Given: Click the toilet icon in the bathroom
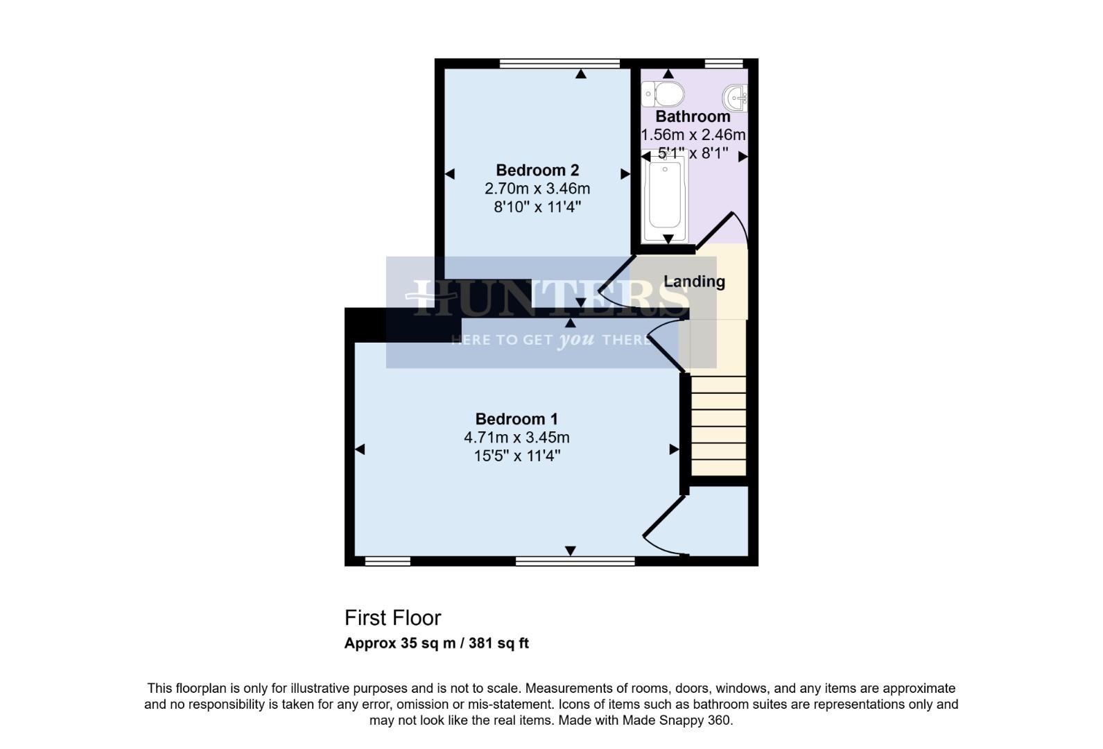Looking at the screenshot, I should [x=663, y=93].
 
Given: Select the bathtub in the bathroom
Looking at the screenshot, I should [x=665, y=198].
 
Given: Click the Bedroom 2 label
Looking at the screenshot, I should [x=537, y=170].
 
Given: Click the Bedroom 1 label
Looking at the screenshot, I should [x=516, y=419].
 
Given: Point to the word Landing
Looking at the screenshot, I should [x=694, y=282].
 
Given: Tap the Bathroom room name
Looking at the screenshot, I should [x=693, y=117].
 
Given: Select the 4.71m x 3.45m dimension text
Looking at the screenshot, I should [x=516, y=438].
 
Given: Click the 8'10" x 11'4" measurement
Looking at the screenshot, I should [x=537, y=207].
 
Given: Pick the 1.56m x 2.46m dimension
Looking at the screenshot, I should [x=693, y=135].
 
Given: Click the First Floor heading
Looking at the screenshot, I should [x=392, y=618].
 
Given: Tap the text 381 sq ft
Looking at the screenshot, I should [x=498, y=643].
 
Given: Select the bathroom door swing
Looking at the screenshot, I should [x=724, y=229].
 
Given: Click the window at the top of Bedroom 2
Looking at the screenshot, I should [x=559, y=64].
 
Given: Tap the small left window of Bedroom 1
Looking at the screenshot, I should [x=388, y=561].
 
